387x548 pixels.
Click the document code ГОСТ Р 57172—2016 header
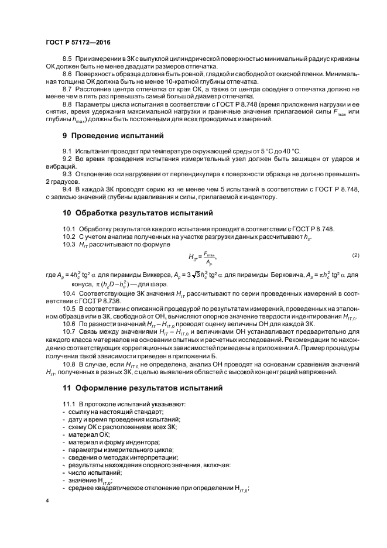point(77,43)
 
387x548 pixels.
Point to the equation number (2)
point(355,256)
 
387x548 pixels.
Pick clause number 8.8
point(67,104)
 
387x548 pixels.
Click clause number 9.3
point(67,174)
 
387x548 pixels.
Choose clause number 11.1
point(69,405)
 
